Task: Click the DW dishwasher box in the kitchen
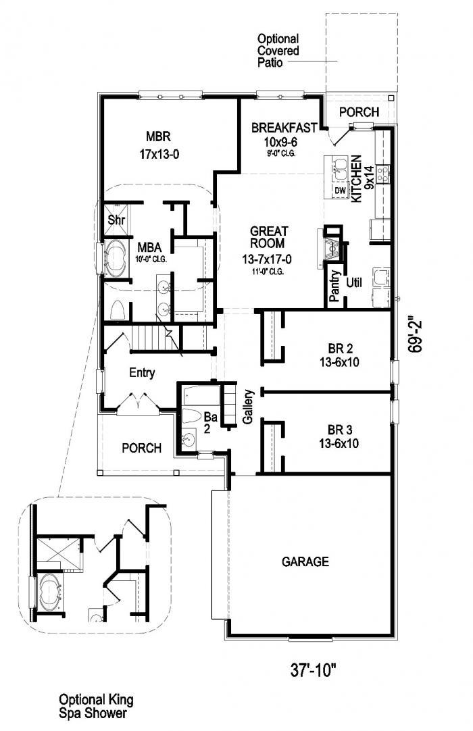point(340,191)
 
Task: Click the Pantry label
point(334,288)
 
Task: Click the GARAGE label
point(305,561)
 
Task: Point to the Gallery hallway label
point(248,407)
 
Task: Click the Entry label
point(142,372)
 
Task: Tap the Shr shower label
point(115,219)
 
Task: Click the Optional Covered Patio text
point(278,51)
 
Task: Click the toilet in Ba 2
point(193,415)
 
